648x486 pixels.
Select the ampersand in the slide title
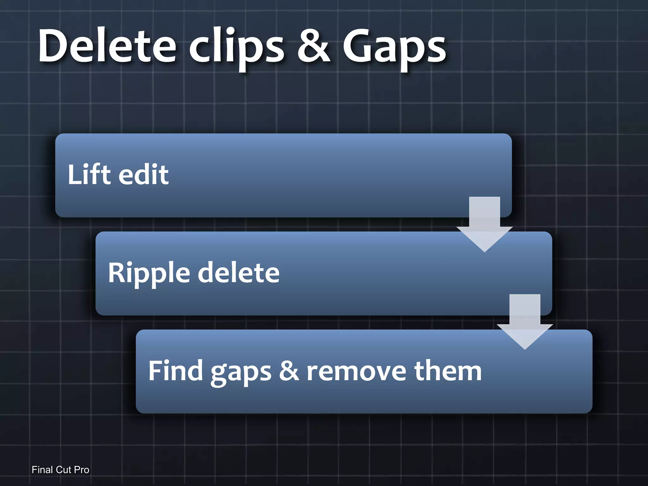tap(313, 46)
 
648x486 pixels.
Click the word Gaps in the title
tap(394, 47)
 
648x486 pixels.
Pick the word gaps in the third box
tap(241, 373)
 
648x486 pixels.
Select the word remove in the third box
tap(356, 371)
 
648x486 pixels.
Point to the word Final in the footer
tap(42, 470)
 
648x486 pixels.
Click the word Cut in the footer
tap(63, 470)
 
